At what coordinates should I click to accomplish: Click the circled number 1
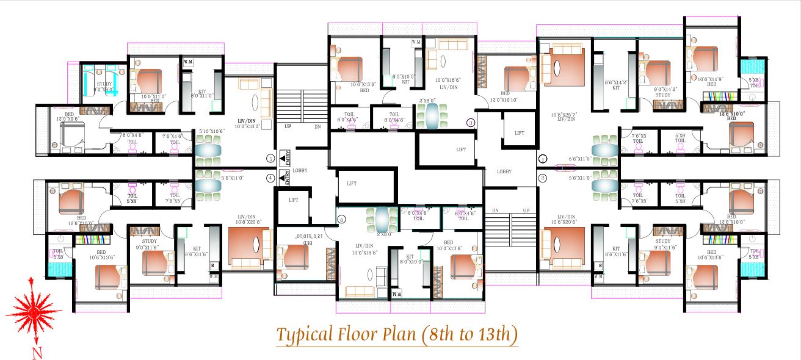(543, 159)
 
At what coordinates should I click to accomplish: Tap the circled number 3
(470, 122)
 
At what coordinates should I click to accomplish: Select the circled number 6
(341, 219)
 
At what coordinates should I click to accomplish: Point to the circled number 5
(270, 159)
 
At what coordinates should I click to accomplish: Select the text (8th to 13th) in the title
(468, 334)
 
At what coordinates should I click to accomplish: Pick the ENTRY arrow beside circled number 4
(283, 178)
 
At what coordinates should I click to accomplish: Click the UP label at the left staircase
(288, 126)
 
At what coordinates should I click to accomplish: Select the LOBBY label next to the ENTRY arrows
(300, 171)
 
